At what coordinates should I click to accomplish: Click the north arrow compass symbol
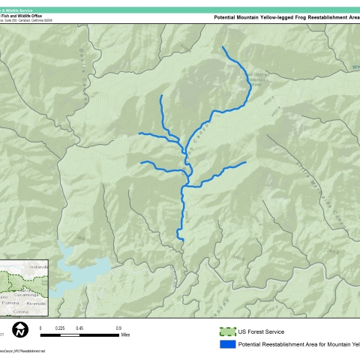(x=22, y=328)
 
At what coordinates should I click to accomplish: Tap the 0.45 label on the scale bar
(x=79, y=328)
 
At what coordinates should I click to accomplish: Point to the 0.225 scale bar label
(x=60, y=328)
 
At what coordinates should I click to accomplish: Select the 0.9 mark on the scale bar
(x=118, y=328)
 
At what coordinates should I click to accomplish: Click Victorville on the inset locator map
(x=37, y=266)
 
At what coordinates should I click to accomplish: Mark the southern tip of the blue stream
(x=181, y=239)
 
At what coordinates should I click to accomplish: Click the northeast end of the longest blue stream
(x=223, y=48)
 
